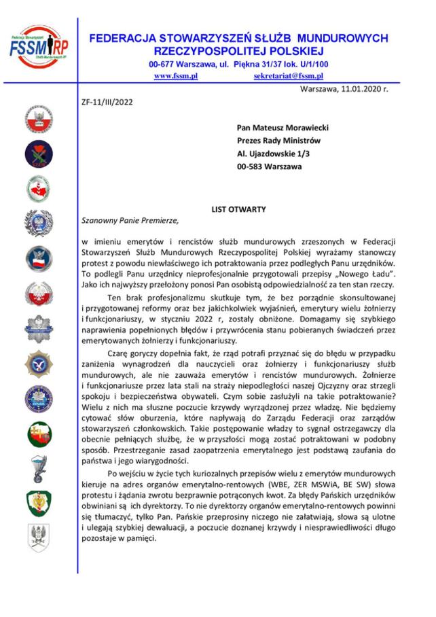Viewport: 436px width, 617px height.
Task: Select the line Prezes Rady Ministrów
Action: (278, 141)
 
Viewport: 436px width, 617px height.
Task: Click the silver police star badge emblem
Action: (36, 329)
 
